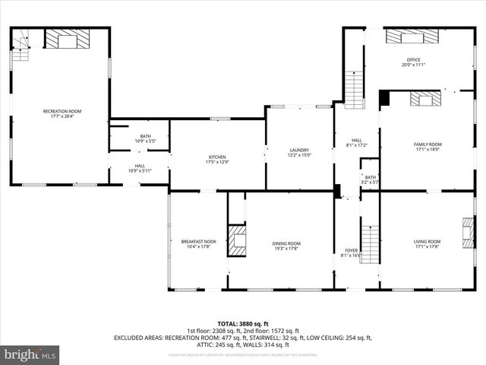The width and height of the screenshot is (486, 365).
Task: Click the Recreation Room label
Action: [x=62, y=114]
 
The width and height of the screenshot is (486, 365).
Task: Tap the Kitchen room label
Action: [x=218, y=160]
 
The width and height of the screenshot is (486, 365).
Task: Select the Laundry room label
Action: [x=299, y=152]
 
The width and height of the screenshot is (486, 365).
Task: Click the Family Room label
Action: [x=428, y=147]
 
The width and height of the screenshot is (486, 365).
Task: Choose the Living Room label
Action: [x=428, y=243]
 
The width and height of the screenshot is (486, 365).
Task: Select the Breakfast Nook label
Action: [x=198, y=244]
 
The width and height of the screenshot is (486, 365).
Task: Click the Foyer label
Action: [x=351, y=252]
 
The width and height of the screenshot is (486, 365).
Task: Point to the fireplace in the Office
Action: [x=412, y=36]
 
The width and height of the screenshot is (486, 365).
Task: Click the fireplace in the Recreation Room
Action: [x=67, y=39]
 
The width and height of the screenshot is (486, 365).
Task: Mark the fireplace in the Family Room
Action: [x=425, y=99]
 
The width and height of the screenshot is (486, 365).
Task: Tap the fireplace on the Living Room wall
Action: [x=467, y=229]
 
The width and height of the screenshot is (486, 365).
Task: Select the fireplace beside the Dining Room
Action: [x=238, y=240]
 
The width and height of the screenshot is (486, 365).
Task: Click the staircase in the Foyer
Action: [x=369, y=243]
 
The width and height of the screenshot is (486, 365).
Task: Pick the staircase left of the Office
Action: [x=354, y=89]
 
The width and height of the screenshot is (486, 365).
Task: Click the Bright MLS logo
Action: [x=30, y=354]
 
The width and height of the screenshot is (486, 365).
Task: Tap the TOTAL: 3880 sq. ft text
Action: [x=242, y=322]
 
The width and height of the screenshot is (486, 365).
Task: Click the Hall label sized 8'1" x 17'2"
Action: [x=356, y=143]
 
